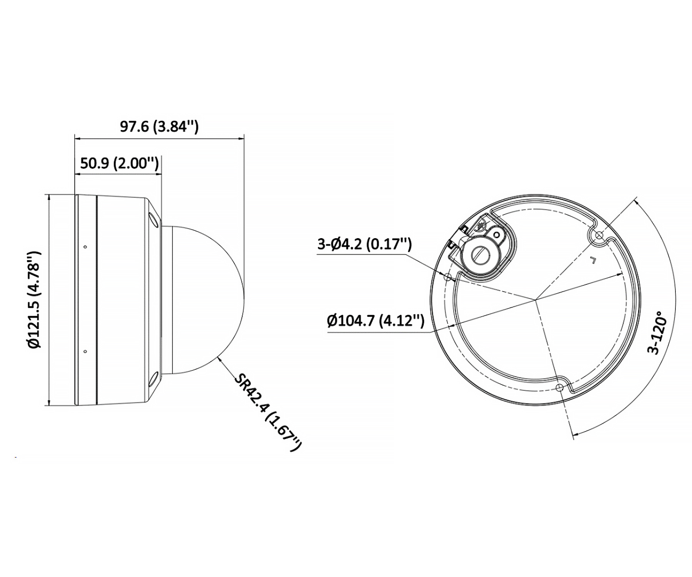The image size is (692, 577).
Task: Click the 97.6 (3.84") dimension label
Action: click(159, 126)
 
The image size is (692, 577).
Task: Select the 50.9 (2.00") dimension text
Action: click(119, 163)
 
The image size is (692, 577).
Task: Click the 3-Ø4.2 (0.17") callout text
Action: click(364, 244)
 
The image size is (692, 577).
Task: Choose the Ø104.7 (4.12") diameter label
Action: click(376, 320)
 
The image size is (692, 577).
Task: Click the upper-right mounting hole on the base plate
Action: click(599, 235)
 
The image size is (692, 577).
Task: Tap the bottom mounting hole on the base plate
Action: click(561, 387)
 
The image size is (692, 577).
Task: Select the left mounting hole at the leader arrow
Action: click(447, 277)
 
